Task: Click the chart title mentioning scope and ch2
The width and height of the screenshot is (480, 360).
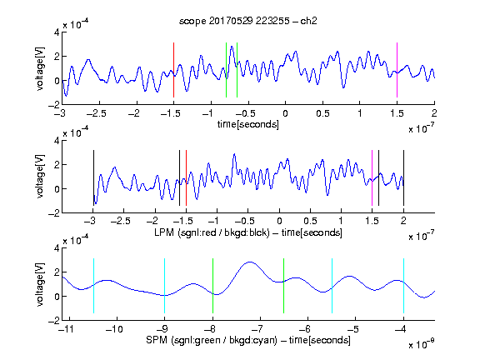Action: [248, 21]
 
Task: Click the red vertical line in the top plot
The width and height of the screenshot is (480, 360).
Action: [173, 70]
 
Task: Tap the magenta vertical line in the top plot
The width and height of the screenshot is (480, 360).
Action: [397, 70]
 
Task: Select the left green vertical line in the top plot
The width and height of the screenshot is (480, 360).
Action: [226, 70]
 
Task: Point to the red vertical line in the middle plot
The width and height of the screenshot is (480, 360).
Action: [186, 177]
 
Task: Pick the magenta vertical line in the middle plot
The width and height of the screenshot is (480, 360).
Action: [372, 177]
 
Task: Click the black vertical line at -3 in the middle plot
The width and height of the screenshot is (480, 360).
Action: [93, 177]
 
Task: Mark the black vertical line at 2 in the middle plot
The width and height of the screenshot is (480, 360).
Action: [403, 177]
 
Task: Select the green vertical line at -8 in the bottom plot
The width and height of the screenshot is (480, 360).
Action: [212, 286]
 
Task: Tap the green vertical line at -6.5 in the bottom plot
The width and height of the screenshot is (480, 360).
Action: [284, 286]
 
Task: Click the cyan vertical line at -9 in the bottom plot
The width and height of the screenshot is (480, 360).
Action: [165, 286]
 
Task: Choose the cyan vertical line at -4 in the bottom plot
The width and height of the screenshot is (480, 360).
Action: [403, 286]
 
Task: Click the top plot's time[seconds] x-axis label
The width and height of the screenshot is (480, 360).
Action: [248, 124]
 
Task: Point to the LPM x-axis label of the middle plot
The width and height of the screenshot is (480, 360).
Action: [248, 232]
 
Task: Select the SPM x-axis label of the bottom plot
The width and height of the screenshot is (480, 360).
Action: [248, 340]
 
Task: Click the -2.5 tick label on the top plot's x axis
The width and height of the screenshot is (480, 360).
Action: [96, 113]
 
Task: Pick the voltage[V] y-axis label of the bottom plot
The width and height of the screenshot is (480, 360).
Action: [40, 284]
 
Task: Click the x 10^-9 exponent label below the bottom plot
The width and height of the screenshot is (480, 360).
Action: [421, 343]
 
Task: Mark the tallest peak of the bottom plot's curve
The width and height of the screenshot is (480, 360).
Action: [250, 262]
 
